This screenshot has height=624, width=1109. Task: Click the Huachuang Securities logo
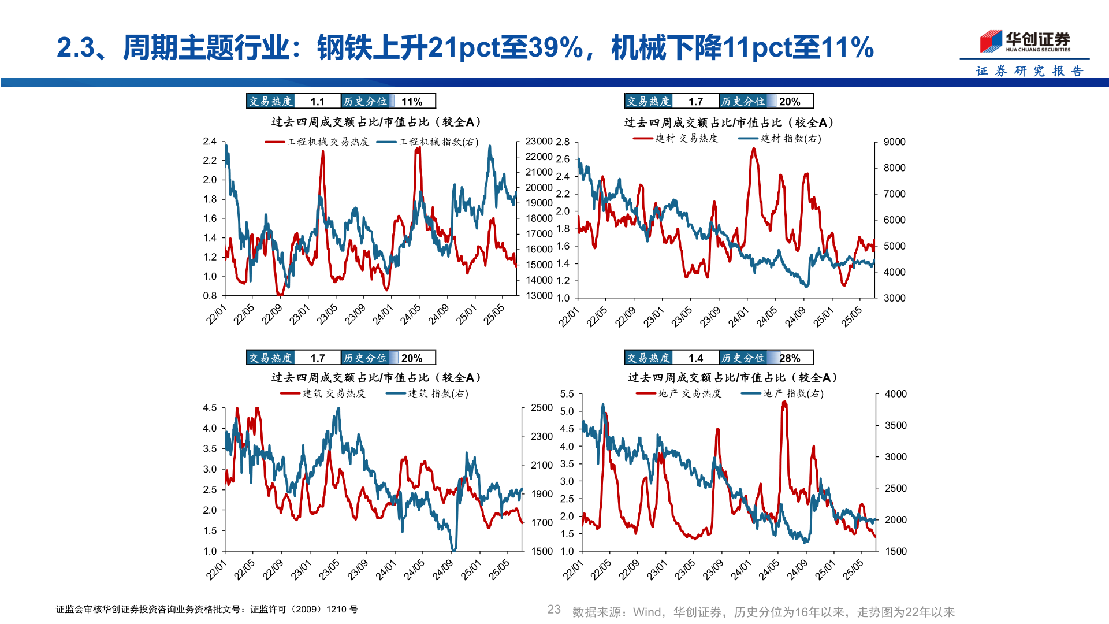point(1025,42)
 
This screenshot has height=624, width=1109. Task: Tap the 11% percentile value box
point(412,102)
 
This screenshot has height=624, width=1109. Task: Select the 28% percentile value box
point(790,358)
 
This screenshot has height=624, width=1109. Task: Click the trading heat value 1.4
point(695,358)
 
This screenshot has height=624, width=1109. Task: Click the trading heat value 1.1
point(317,102)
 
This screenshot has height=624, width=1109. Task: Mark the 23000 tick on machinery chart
point(539,142)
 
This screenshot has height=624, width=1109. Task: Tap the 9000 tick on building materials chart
point(894,142)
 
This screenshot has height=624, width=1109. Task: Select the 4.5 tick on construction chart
point(210,408)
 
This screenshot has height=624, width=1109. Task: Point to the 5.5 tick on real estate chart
point(567,394)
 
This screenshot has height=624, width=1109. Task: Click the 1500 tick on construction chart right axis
point(542,551)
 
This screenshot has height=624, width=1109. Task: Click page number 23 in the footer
point(554,610)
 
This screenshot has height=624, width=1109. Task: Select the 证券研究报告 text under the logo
point(1029,71)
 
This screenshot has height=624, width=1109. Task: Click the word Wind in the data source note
point(646,612)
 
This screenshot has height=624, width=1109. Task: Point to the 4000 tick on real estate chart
point(895,394)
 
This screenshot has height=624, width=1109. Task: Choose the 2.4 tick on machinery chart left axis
point(210,142)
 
